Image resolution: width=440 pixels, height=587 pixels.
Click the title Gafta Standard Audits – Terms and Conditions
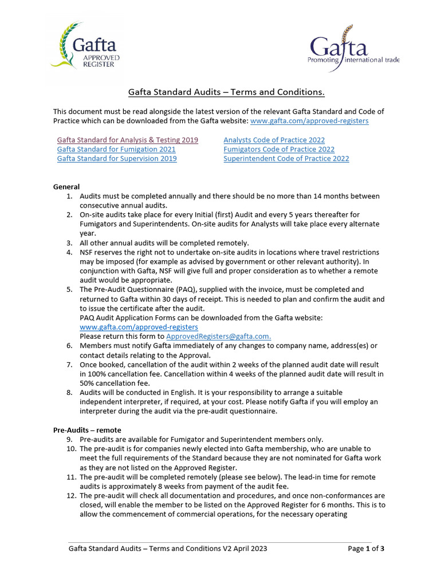click(226, 92)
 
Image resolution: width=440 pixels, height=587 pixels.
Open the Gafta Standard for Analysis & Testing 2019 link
click(127, 140)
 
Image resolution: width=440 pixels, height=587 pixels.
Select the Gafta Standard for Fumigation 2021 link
click(116, 149)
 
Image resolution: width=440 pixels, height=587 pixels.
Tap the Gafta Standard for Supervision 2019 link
click(117, 158)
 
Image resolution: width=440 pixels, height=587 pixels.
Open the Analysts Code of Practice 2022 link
click(274, 140)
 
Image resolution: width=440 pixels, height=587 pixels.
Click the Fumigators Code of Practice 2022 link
click(279, 149)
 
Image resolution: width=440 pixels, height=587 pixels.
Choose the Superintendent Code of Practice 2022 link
click(286, 158)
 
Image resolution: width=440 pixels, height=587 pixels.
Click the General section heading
click(66, 187)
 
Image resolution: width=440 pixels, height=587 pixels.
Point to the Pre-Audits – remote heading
click(87, 430)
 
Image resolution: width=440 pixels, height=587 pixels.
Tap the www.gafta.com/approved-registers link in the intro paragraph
click(309, 121)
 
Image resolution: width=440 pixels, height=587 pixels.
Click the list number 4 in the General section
click(69, 252)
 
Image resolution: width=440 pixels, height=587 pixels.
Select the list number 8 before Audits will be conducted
click(69, 393)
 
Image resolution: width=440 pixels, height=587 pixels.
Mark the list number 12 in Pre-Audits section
click(68, 495)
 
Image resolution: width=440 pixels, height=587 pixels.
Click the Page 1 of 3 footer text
click(366, 549)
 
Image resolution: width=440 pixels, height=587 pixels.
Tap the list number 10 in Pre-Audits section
click(68, 449)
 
